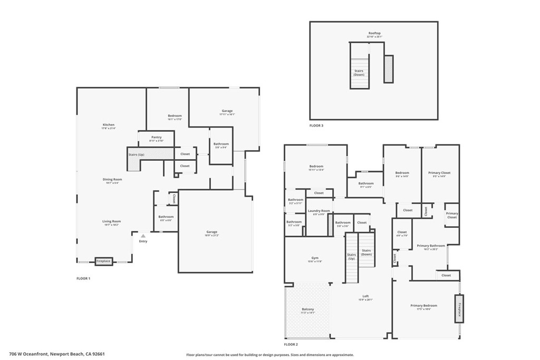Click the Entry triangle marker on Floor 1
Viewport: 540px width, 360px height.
[x=142, y=236]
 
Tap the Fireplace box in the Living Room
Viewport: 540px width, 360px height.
[x=103, y=261]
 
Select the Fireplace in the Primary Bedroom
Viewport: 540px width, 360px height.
[x=459, y=308]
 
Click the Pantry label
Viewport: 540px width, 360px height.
[x=156, y=137]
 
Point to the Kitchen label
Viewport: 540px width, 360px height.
[x=108, y=125]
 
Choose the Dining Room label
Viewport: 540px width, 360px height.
[x=112, y=180]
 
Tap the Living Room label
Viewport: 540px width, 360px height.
[x=111, y=221]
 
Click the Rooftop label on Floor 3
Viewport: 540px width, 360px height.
[x=374, y=33]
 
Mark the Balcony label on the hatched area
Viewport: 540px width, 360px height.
[x=307, y=309]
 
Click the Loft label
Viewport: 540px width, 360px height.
[x=365, y=296]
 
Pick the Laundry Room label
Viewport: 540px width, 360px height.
[x=319, y=211]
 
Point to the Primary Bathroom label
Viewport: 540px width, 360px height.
[x=431, y=246]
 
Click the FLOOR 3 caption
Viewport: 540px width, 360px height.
[x=316, y=126]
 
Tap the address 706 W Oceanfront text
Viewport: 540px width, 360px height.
[x=42, y=354]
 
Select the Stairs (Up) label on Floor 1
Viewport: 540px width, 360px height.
[x=137, y=154]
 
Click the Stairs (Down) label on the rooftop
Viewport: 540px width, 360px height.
[x=359, y=72]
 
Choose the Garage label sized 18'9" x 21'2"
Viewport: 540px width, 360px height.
[x=211, y=232]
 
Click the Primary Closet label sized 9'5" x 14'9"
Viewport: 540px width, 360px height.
[x=439, y=173]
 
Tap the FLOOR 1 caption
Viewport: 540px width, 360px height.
[x=83, y=278]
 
